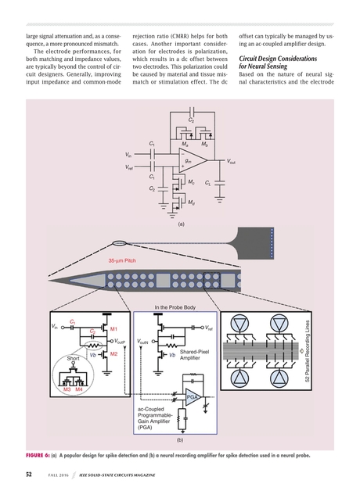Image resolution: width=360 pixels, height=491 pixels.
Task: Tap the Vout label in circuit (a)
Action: pyautogui.click(x=232, y=162)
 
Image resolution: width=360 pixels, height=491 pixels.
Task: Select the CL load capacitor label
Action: pyautogui.click(x=207, y=182)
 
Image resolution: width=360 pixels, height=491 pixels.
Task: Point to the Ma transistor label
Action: pyautogui.click(x=185, y=145)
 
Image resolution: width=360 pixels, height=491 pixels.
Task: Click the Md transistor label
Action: pyautogui.click(x=192, y=202)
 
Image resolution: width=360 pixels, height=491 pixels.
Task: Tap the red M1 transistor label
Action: pyautogui.click(x=113, y=329)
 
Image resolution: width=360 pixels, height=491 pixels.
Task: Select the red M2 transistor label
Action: pyautogui.click(x=113, y=354)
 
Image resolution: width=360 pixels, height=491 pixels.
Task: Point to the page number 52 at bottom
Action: pyautogui.click(x=28, y=475)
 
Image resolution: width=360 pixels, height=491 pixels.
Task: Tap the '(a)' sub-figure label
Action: pyautogui.click(x=180, y=223)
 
